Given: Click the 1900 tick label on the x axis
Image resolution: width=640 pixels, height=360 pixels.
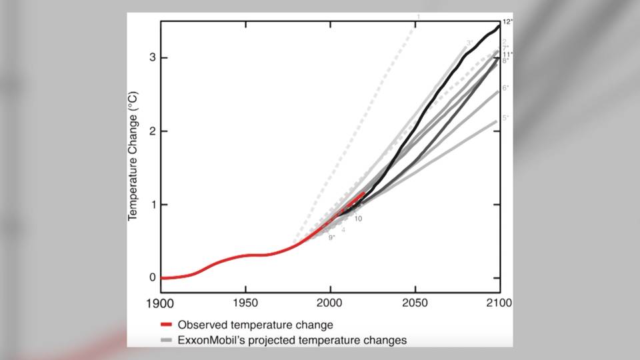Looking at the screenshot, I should [161, 303].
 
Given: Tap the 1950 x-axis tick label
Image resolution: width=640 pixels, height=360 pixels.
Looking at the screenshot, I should [246, 303].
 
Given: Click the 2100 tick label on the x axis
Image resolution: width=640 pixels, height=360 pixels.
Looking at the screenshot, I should [499, 303].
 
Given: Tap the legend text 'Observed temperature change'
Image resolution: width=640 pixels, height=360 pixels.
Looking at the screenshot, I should [255, 325].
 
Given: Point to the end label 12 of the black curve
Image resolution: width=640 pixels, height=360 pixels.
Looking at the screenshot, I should [507, 22].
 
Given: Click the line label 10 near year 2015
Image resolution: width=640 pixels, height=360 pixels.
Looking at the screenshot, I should [358, 219].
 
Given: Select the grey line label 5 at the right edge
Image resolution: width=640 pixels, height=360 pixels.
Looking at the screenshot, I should [506, 118].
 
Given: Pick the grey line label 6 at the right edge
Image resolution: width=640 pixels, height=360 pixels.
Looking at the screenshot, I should [506, 88].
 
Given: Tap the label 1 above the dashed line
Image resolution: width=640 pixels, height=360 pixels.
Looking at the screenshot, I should [418, 17].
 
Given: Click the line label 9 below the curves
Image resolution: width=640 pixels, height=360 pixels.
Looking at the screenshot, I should [331, 237].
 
